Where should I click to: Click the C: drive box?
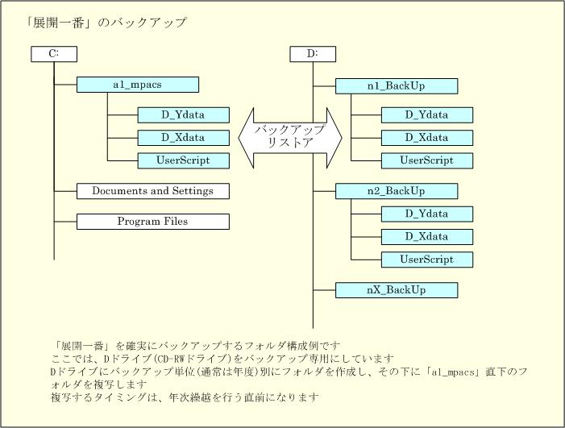(54, 54)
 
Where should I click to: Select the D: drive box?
(313, 54)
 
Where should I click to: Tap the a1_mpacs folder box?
(138, 85)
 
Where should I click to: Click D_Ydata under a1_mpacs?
(184, 115)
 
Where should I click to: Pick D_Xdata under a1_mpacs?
(184, 138)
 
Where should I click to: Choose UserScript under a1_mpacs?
(184, 160)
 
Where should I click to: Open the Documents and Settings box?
(153, 191)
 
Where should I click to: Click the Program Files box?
(153, 222)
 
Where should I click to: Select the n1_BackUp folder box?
(397, 86)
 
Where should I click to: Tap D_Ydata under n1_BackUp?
(427, 115)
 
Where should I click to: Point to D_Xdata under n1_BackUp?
(427, 138)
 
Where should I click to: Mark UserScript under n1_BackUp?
(427, 160)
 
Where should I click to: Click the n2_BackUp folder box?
(397, 191)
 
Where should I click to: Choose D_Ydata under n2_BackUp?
(427, 214)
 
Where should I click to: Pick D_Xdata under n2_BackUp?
(427, 237)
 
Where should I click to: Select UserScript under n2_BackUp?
(427, 260)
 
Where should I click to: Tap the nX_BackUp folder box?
(397, 290)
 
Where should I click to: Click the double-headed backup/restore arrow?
(290, 138)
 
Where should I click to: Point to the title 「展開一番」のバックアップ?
(106, 23)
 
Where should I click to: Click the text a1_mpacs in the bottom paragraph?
(453, 372)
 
